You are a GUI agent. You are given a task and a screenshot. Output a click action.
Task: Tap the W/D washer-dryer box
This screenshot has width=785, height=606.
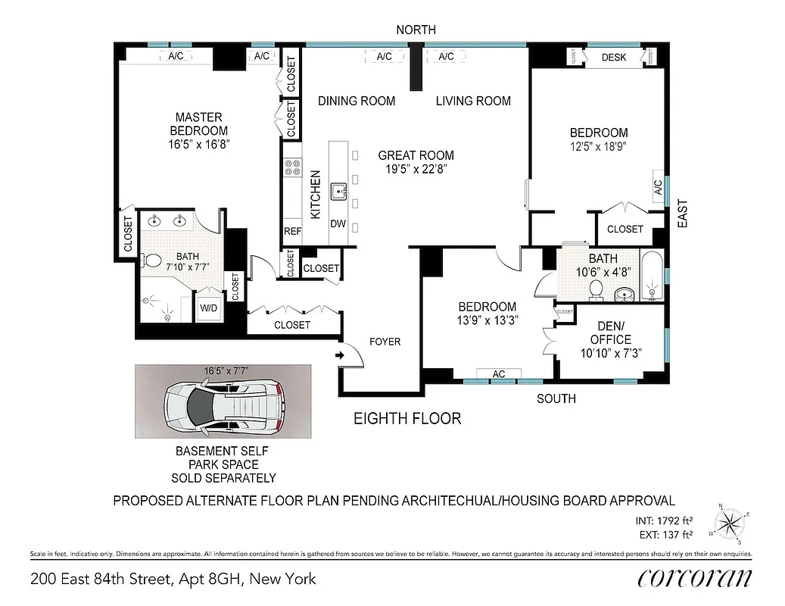(x=208, y=308)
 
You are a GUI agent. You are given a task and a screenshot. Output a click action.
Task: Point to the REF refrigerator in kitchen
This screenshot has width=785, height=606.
(x=292, y=232)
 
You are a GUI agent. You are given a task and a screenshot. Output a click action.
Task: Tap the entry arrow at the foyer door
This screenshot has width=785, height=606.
(x=338, y=354)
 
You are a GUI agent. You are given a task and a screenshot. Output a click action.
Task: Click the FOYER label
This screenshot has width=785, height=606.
(x=384, y=342)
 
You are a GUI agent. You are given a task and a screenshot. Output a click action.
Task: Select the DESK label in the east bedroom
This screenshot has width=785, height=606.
(x=613, y=58)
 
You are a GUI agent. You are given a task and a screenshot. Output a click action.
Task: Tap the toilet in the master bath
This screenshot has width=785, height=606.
(x=152, y=262)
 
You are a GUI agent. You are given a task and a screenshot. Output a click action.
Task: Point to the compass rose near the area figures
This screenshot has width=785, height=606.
(x=730, y=523)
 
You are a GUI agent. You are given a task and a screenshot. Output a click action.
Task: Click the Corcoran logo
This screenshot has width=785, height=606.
(x=694, y=579)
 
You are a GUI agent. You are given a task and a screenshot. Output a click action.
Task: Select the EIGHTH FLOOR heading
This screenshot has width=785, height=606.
(x=408, y=418)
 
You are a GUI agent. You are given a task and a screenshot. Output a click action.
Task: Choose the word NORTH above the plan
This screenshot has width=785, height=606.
(x=416, y=30)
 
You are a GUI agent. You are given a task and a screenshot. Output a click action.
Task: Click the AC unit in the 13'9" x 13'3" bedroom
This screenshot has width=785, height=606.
(x=498, y=374)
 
